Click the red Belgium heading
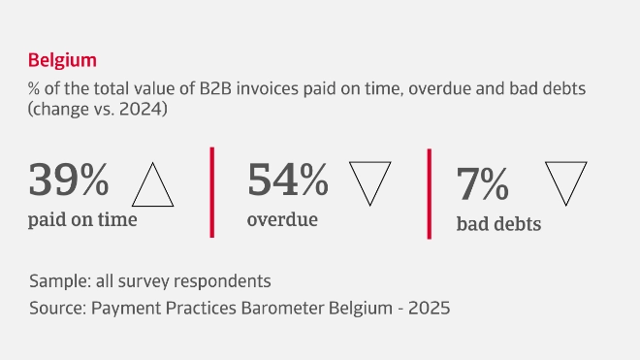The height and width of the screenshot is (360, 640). [x=63, y=60]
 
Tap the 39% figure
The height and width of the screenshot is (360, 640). [x=69, y=180]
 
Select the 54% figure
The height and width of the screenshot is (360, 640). [x=288, y=180]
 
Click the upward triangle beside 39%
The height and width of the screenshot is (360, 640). [x=152, y=186]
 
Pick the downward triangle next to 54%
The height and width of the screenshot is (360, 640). [x=368, y=181]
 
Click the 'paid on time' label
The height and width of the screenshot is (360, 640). [x=82, y=219]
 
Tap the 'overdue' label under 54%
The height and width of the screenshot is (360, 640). [x=282, y=219]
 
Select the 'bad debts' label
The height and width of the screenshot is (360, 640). [x=498, y=224]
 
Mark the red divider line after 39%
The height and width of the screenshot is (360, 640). [x=211, y=192]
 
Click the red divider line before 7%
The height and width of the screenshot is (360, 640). [x=429, y=193]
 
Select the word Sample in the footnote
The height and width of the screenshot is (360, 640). [x=56, y=281]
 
